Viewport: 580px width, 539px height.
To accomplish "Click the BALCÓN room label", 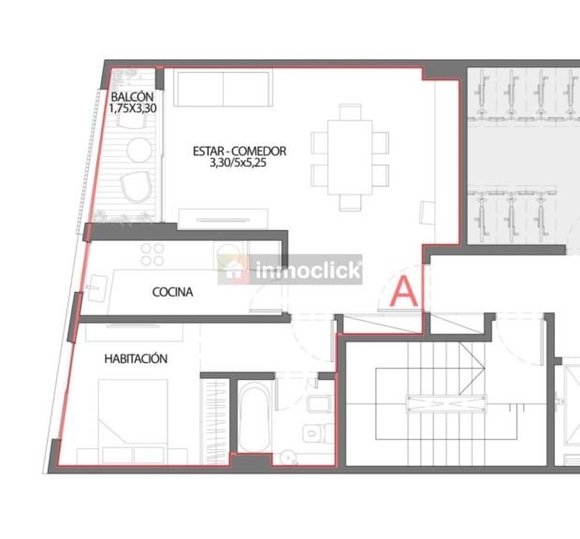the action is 132,97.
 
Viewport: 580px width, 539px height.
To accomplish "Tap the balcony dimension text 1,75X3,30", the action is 133,109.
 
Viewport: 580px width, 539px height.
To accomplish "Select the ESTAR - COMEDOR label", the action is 239,151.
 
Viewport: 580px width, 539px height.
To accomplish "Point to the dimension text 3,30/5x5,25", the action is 238,163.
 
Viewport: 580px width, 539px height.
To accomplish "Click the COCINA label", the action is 172,292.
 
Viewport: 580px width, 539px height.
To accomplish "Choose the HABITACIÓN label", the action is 136,358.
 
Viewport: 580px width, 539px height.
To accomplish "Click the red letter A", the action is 404,292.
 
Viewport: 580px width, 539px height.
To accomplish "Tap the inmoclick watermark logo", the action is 290,269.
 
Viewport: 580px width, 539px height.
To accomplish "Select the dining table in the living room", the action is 350,157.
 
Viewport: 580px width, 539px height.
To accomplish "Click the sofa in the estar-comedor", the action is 223,88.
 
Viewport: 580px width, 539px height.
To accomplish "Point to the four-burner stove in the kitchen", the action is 152,255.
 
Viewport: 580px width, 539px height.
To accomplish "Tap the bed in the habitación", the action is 133,421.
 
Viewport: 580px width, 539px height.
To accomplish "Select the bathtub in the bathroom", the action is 254,417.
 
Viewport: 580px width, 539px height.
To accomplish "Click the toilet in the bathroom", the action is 317,433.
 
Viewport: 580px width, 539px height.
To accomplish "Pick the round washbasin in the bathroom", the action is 287,458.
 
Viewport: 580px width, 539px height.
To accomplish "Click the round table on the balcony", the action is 139,150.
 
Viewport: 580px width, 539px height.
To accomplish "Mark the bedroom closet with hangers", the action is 214,421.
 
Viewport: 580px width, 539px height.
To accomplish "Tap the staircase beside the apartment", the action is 446,403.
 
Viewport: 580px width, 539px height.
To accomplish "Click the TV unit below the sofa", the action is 223,219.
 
